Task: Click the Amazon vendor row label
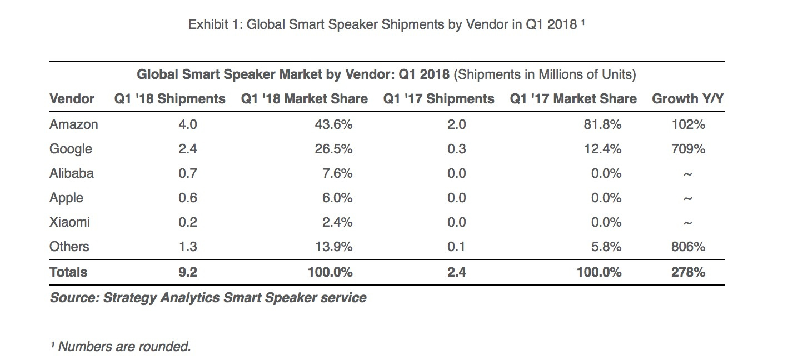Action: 73,124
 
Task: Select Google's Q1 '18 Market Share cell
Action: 333,149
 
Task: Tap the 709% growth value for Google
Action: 687,149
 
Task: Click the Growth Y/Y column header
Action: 687,99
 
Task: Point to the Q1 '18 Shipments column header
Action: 170,99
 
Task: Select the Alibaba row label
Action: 72,173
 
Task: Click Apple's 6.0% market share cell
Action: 337,198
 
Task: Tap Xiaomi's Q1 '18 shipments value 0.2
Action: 187,222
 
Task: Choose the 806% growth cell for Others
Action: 687,247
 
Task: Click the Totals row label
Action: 68,272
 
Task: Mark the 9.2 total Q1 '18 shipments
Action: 187,272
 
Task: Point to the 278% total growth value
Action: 687,272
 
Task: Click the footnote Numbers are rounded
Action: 121,347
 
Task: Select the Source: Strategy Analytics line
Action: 208,298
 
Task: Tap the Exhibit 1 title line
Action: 387,25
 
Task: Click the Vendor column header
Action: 72,99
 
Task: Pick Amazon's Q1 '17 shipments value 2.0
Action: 456,124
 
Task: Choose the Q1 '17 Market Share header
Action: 573,99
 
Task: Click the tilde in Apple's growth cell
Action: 687,199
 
